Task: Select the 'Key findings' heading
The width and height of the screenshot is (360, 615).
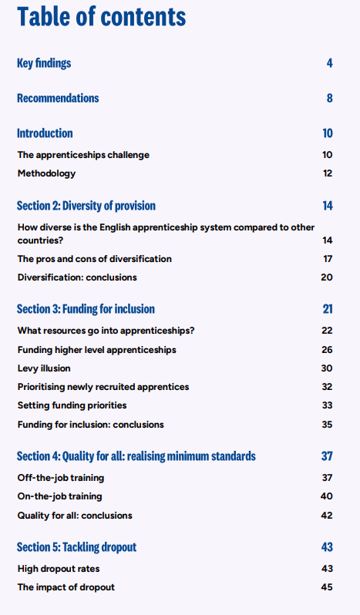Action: (44, 63)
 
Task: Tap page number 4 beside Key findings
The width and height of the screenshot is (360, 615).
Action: (329, 63)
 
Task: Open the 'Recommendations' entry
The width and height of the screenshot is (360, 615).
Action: (58, 99)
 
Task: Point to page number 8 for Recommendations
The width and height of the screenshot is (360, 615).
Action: (329, 99)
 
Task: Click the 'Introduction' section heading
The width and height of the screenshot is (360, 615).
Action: (45, 133)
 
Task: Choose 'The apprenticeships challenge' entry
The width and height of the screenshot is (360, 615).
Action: (83, 155)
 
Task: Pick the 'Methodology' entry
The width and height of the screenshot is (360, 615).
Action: (46, 173)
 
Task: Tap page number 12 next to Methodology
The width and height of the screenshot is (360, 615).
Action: (328, 173)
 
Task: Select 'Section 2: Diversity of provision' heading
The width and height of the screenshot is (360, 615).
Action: (86, 206)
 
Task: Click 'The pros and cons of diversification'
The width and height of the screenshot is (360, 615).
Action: (95, 259)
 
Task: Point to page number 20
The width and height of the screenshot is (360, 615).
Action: (327, 277)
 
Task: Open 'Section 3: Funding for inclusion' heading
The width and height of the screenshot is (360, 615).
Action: (86, 309)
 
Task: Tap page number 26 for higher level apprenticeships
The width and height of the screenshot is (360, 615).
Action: (327, 350)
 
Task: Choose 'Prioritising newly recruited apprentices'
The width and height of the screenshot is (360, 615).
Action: (103, 387)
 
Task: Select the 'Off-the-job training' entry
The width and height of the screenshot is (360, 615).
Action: (61, 478)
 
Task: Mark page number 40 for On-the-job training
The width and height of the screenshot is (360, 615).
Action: (327, 496)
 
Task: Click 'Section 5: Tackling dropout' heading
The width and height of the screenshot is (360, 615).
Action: (76, 547)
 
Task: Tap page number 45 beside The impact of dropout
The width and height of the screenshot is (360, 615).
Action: (327, 587)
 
